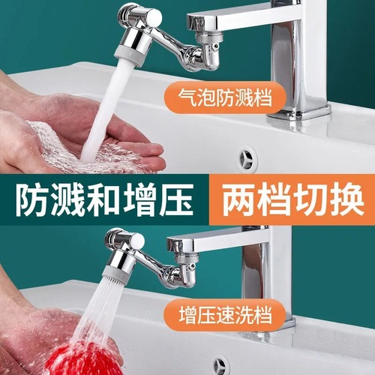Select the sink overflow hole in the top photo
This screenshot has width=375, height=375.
(x=244, y=159)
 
